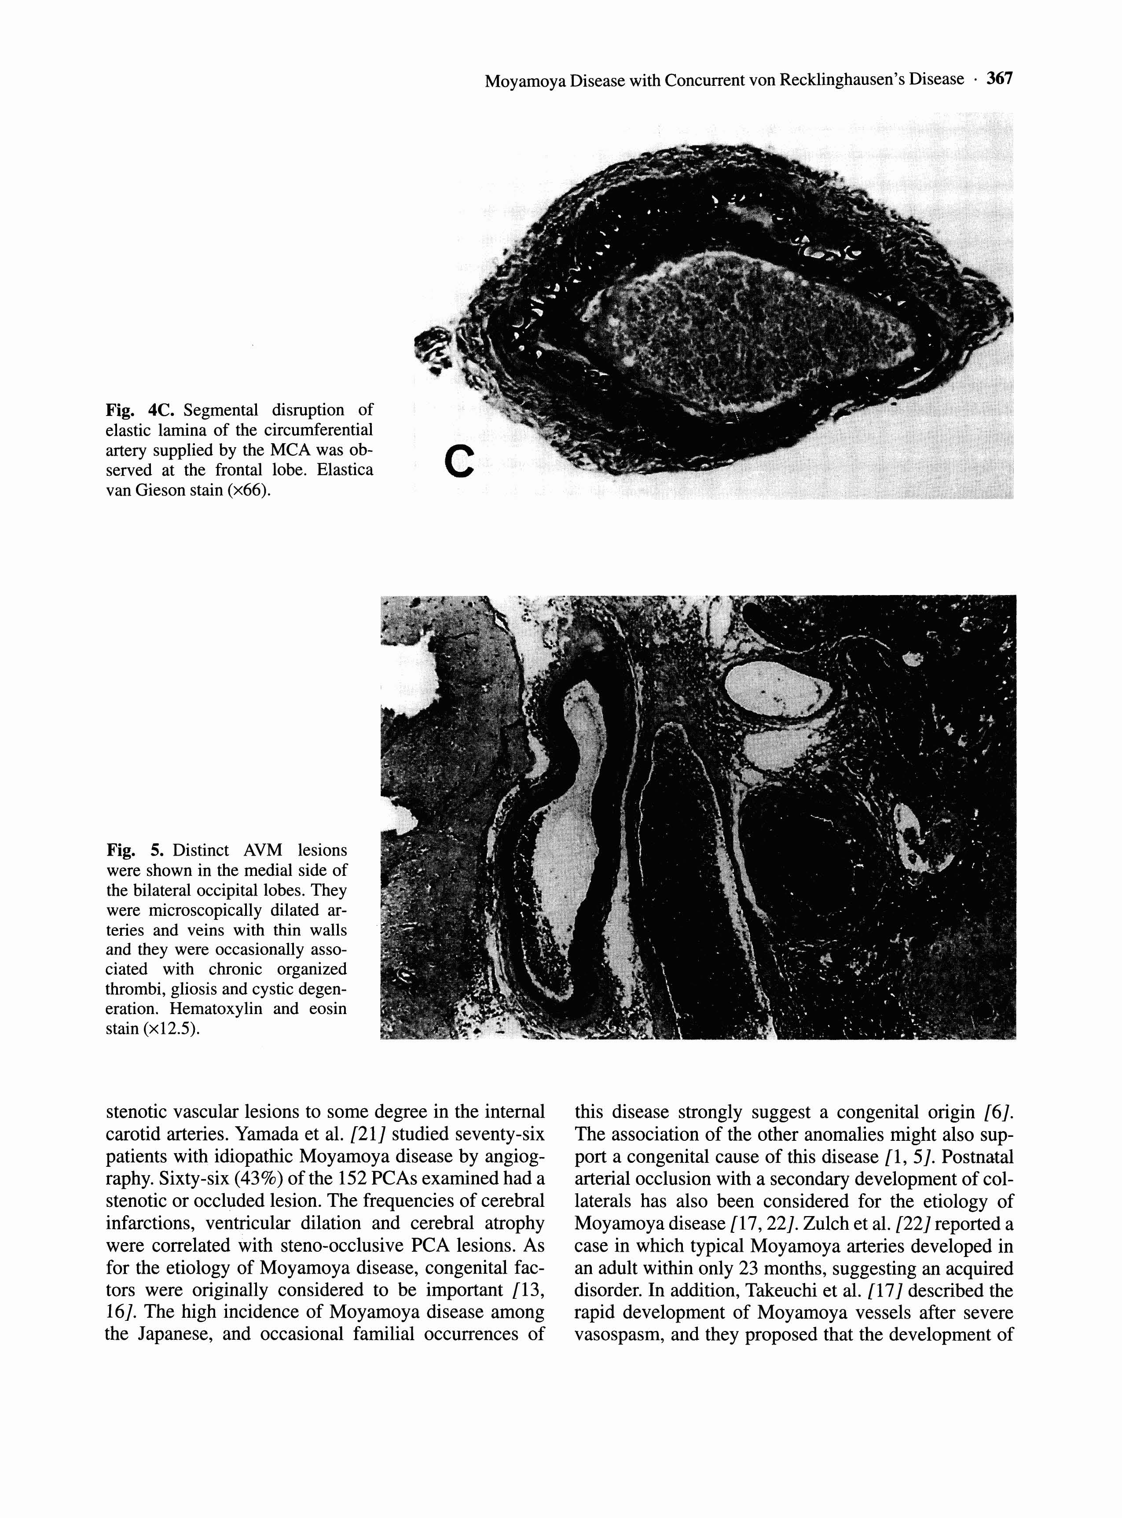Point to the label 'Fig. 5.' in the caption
coord(135,850)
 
